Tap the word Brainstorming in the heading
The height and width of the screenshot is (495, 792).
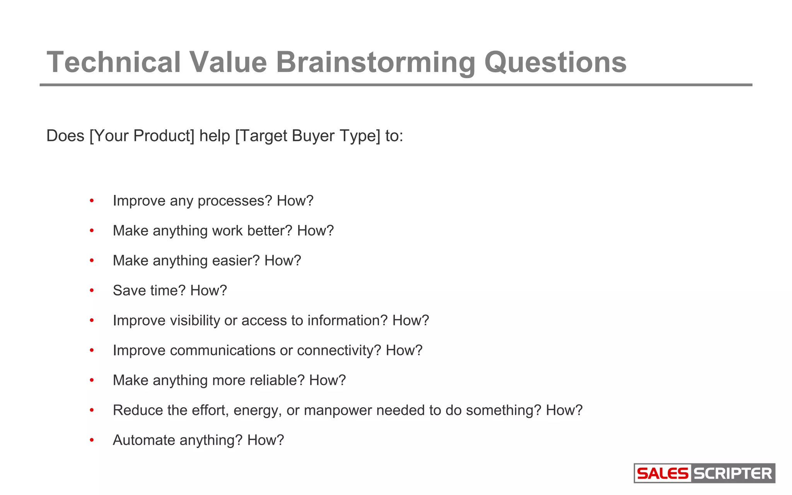pos(375,62)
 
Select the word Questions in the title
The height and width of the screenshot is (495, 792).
pos(555,62)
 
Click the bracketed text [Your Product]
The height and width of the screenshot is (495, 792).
pos(142,136)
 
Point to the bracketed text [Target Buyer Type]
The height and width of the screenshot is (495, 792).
pos(308,136)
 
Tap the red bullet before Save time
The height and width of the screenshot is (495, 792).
pos(92,290)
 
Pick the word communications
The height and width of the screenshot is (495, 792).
pos(222,350)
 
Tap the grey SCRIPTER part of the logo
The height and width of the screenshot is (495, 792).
pos(732,473)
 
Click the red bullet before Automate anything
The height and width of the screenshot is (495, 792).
pos(92,440)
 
